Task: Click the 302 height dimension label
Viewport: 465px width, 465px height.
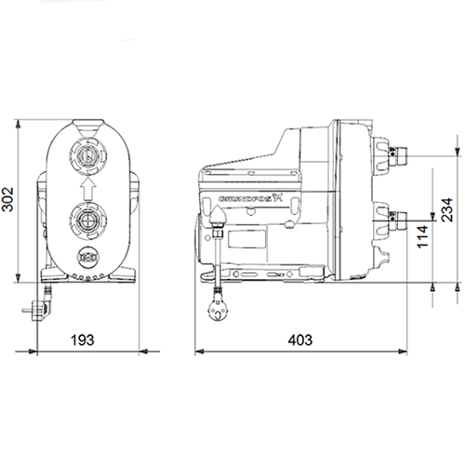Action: (x=8, y=202)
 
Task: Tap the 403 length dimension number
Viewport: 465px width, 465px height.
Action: (x=299, y=341)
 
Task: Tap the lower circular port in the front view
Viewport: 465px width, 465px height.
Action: (x=86, y=223)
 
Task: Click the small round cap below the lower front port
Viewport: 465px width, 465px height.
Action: (x=86, y=259)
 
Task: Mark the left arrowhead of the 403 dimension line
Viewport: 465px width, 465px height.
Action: (x=198, y=352)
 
